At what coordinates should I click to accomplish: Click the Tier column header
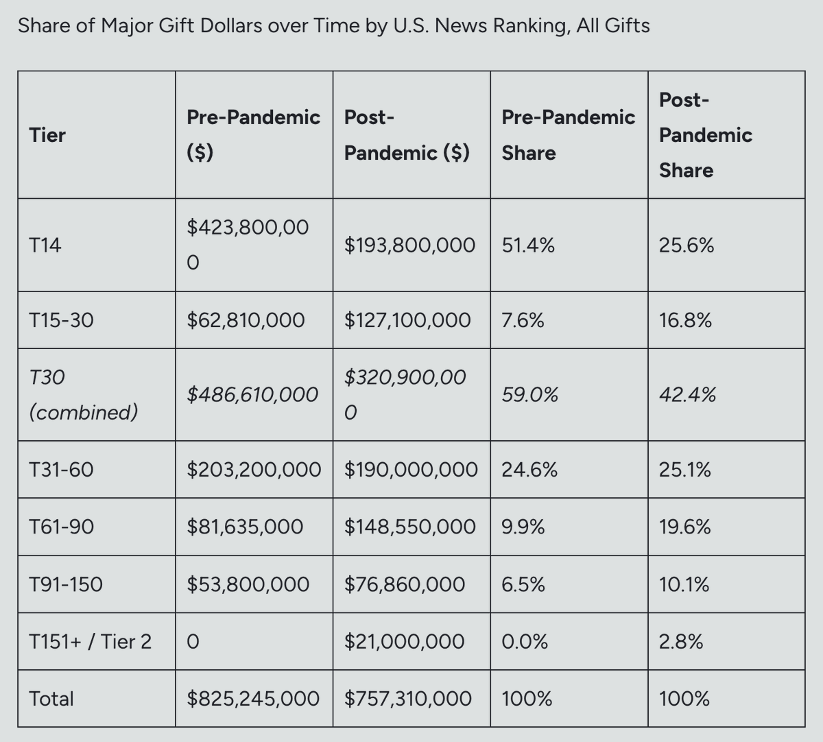tap(47, 135)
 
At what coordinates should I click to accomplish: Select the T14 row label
tap(45, 245)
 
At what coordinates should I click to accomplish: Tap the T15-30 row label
tap(62, 320)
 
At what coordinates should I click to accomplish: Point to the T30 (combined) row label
tap(83, 394)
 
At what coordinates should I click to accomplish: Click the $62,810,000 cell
tap(246, 320)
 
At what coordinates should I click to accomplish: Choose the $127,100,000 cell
tap(407, 320)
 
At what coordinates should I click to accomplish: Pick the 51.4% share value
tap(528, 245)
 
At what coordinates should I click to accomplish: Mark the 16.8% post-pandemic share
tap(685, 320)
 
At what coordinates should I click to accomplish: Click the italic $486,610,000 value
tap(252, 394)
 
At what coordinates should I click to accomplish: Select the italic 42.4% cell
tap(687, 394)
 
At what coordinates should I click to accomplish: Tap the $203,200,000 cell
tap(254, 470)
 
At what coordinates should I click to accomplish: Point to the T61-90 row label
tap(62, 527)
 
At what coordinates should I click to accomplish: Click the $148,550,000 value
tap(409, 527)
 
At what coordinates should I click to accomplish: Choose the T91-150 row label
tap(66, 584)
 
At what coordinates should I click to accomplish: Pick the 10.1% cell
tap(684, 584)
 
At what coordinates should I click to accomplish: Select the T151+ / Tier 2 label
tap(91, 641)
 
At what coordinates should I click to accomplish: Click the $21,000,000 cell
tap(404, 641)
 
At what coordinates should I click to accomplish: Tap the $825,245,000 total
tap(253, 698)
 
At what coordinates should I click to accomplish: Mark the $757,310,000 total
tap(407, 698)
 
